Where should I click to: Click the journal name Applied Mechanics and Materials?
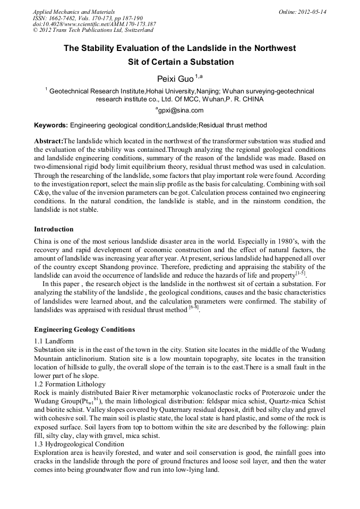74,11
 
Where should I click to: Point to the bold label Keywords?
51,126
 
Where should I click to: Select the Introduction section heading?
54,229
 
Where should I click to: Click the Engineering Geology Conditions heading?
84,330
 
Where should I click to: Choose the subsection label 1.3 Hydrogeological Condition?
79,444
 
